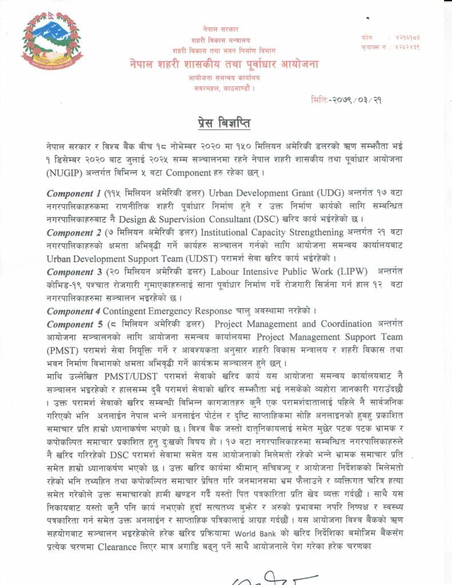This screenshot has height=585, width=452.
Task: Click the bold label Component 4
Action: tap(73, 311)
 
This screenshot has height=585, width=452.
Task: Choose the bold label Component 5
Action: tap(73, 324)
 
